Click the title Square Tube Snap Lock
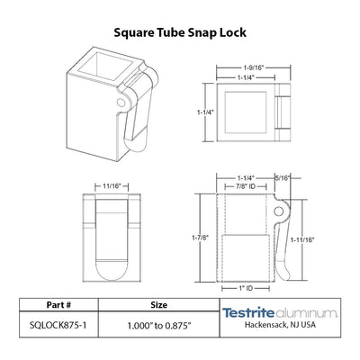(x=180, y=32)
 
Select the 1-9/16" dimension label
(x=254, y=67)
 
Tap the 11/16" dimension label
(x=112, y=186)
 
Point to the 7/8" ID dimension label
(x=245, y=186)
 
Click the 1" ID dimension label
(x=245, y=288)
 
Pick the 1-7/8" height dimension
(x=201, y=238)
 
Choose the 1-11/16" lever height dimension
(x=302, y=239)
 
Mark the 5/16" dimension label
(x=283, y=178)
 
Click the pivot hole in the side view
(x=279, y=211)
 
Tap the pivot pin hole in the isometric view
(x=121, y=103)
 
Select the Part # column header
(x=58, y=305)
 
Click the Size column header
(x=158, y=305)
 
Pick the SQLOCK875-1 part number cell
(x=58, y=325)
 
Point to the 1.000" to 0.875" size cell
(x=159, y=326)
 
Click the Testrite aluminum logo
(x=280, y=313)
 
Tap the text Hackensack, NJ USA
(x=280, y=324)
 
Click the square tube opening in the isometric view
(x=105, y=67)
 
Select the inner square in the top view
(x=246, y=112)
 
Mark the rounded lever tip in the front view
(x=112, y=270)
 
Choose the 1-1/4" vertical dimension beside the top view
(x=206, y=112)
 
